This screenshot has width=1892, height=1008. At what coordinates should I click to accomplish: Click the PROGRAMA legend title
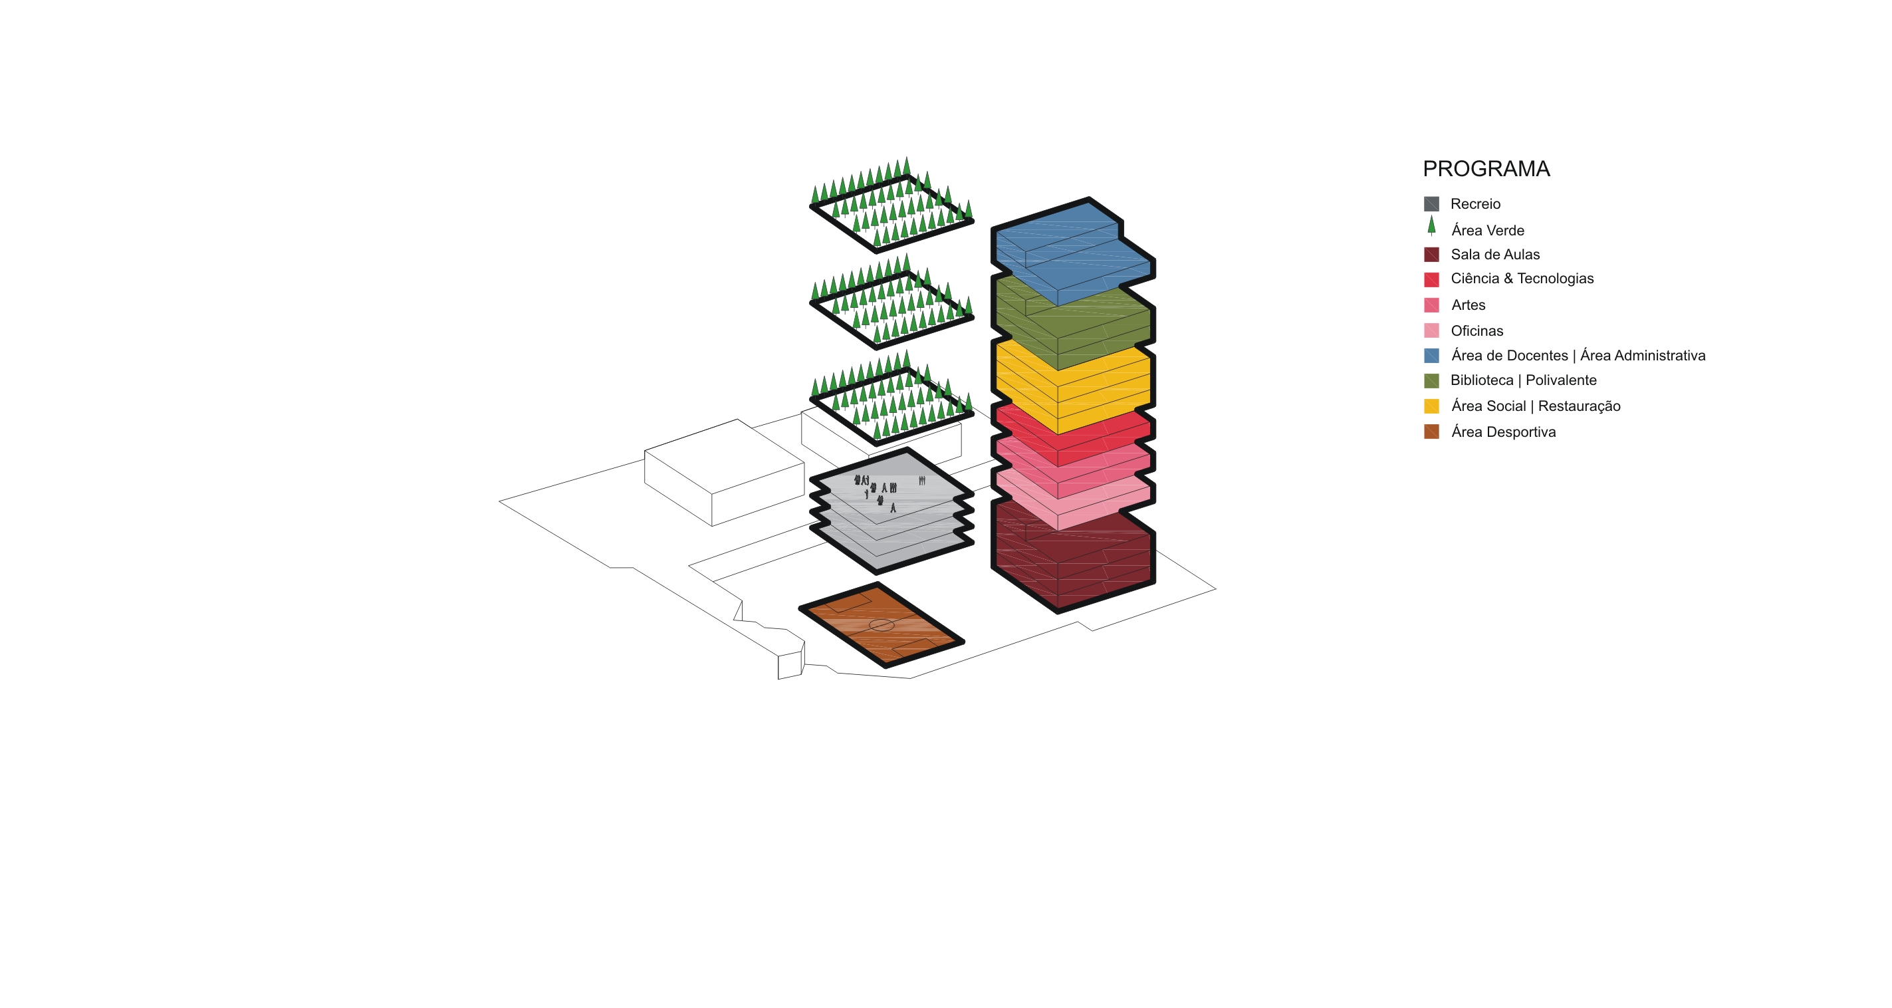[x=1486, y=169]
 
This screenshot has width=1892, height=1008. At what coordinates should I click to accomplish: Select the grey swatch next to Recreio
[x=1431, y=203]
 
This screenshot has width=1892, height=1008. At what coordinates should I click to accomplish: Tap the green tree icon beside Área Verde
[x=1431, y=226]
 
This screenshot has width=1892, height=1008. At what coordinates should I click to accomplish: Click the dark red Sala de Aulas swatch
[x=1431, y=254]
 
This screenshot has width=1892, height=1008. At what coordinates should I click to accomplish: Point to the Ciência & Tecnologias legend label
[x=1522, y=279]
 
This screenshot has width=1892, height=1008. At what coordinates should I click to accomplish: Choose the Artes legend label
[x=1469, y=305]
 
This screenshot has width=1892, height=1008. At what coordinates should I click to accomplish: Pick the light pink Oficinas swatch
[x=1431, y=330]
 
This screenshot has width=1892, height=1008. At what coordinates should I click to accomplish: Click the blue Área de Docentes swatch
[x=1431, y=356]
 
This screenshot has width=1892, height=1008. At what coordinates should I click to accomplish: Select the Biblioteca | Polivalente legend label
[x=1523, y=380]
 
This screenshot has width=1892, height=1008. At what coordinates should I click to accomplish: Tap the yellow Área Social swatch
[x=1431, y=406]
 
